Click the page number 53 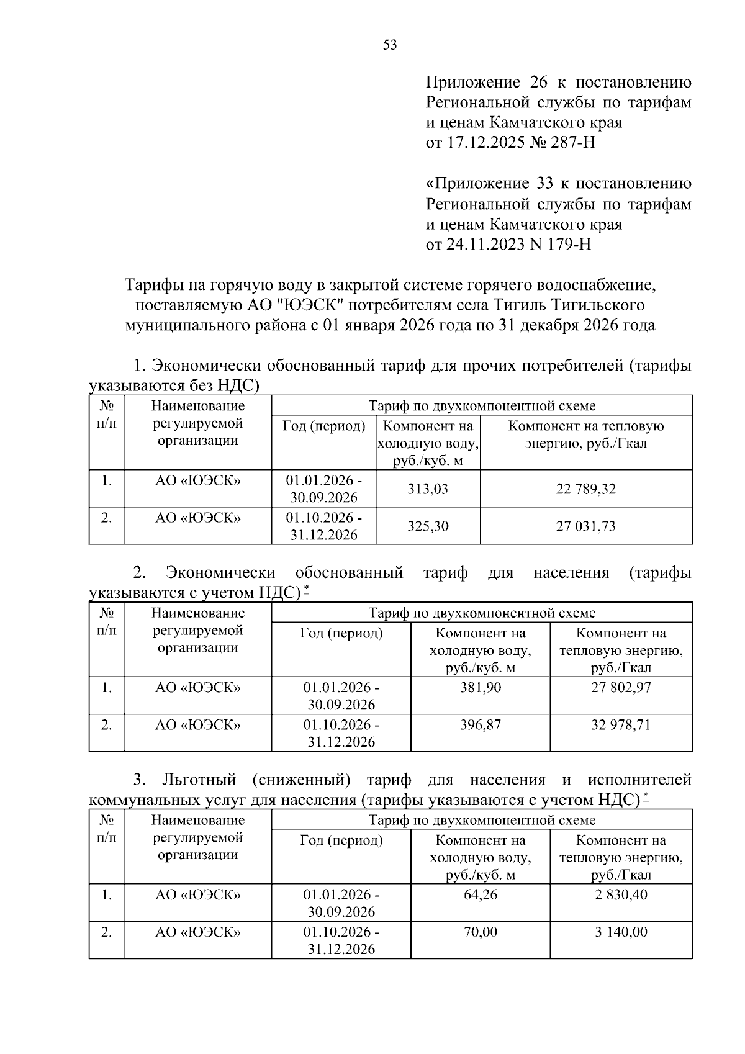390,45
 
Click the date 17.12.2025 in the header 485,143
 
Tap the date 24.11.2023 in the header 485,245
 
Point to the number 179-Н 569,245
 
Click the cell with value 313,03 428,489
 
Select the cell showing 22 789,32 585,489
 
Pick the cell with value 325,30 428,526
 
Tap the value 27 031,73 585,526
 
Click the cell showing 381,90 480,688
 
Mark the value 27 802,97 621,688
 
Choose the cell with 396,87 480,725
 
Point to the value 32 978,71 621,725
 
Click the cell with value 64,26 480,895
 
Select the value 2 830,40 621,895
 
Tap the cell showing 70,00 480,932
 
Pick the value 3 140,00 621,932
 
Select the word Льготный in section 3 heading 199,780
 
